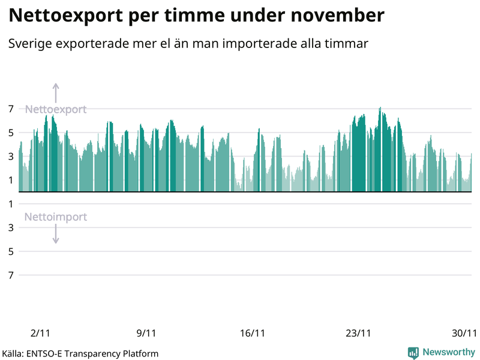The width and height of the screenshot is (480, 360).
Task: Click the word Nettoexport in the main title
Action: coord(67,16)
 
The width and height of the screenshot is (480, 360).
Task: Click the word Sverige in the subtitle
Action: coord(28,44)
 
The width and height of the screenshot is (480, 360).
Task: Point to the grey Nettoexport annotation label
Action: coord(56,109)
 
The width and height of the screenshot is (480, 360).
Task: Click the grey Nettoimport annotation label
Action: coord(56,217)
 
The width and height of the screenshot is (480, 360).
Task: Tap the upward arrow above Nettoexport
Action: coord(56,92)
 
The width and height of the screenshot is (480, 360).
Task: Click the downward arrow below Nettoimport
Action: coord(56,234)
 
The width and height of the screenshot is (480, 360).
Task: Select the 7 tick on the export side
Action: coord(11,109)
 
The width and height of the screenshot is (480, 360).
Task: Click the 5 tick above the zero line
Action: coord(11,133)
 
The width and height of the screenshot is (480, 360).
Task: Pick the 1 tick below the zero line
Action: coord(11,204)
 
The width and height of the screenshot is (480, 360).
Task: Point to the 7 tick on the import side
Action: coord(11,275)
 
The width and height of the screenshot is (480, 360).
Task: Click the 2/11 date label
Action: coord(41,333)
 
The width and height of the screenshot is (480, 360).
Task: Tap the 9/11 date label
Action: coord(146,333)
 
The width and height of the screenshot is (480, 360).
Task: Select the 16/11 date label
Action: coord(252,333)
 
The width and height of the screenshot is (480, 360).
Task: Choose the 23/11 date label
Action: coord(358,333)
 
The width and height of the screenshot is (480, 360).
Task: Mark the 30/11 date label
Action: coord(464,333)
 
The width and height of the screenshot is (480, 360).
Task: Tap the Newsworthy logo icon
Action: coord(413,353)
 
